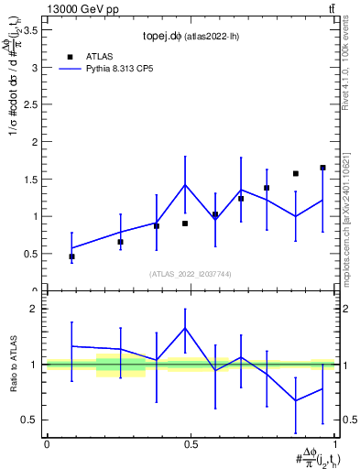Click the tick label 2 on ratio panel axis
point(35,309)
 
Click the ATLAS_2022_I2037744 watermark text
point(191,274)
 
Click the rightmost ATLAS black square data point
point(322,168)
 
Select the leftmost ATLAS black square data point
point(71,256)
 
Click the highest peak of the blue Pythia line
point(186,185)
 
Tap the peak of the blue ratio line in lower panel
point(186,328)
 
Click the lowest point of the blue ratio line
point(295,400)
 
